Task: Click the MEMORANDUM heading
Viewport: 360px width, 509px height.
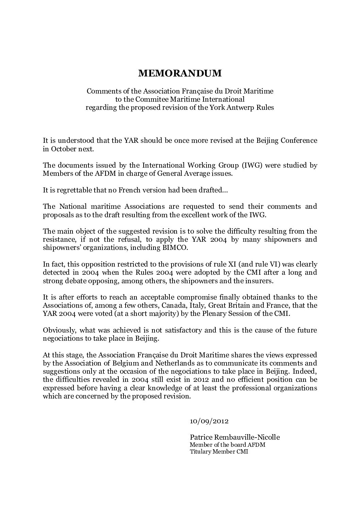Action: [x=180, y=73]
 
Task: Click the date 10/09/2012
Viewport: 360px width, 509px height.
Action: [x=209, y=421]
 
